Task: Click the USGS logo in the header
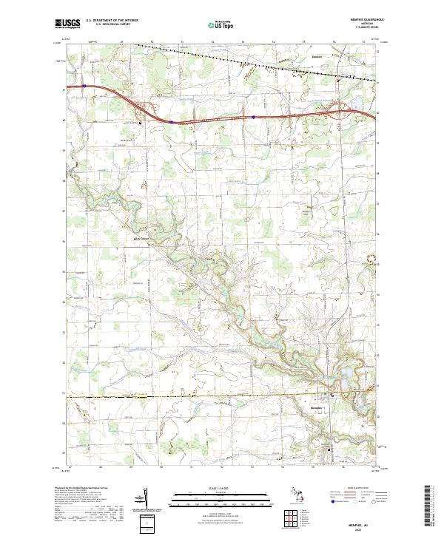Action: [67, 23]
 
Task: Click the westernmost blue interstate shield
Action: [85, 86]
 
